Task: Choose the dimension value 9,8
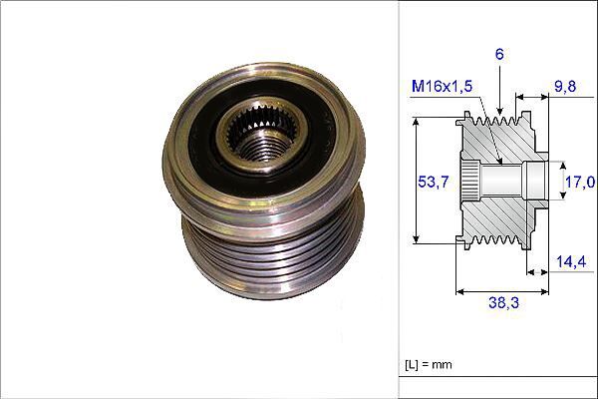(x=566, y=86)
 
